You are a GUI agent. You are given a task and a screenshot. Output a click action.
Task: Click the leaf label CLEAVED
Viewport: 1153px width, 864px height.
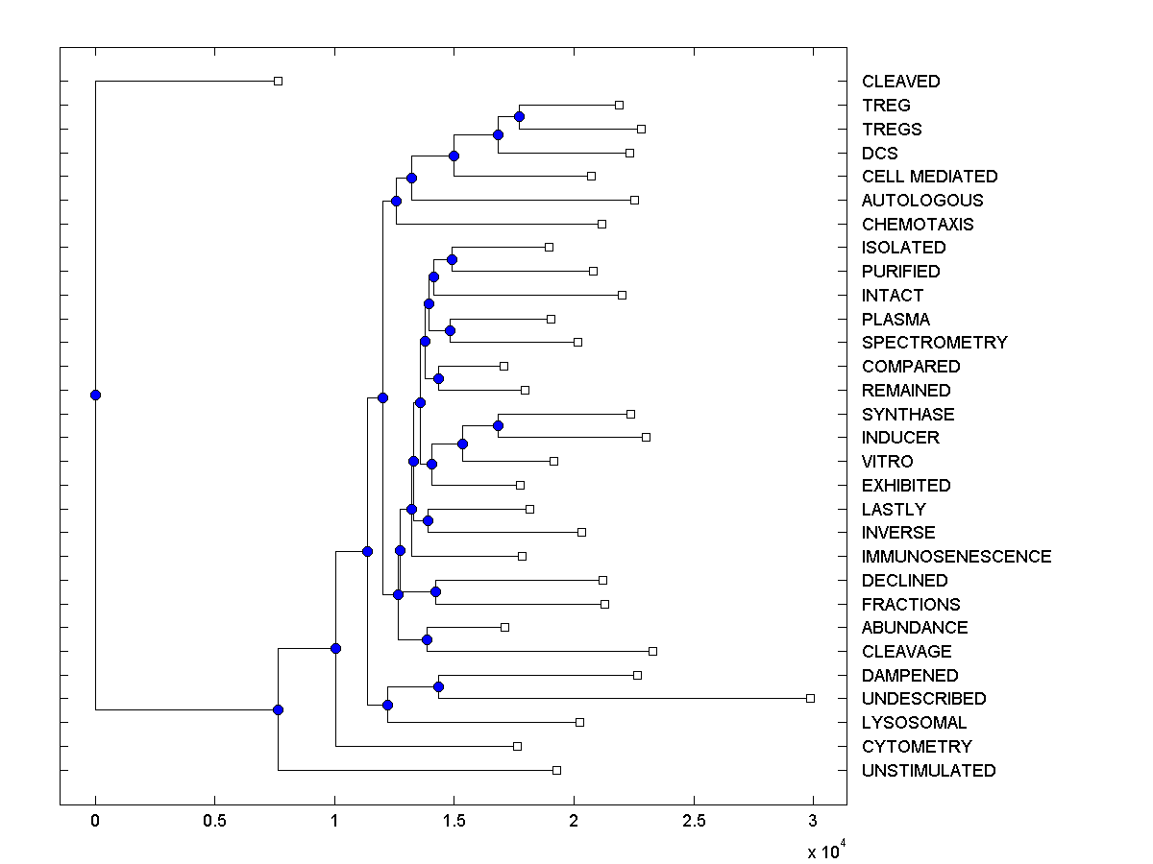coord(900,82)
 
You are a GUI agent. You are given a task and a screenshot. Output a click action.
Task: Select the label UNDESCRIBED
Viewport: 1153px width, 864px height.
coord(923,699)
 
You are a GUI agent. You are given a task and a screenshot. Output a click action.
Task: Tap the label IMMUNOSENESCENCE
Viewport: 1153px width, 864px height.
coord(956,557)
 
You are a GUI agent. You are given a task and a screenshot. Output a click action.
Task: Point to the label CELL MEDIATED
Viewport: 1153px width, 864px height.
coord(929,177)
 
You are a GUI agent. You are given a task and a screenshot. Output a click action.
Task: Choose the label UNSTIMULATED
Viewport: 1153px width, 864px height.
coord(928,771)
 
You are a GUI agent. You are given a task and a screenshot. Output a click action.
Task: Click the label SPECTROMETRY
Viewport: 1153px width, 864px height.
coord(934,343)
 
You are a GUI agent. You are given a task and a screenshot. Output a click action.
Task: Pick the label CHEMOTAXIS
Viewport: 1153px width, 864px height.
coord(917,225)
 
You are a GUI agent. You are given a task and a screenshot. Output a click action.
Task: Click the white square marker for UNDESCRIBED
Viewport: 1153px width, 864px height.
coord(810,698)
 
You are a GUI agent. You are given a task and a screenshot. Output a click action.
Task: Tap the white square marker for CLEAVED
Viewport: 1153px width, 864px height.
coord(278,81)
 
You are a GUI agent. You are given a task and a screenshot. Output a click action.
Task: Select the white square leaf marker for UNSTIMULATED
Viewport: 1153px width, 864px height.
coord(556,770)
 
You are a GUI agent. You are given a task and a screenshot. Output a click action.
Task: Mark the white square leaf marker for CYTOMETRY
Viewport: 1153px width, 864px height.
coord(517,746)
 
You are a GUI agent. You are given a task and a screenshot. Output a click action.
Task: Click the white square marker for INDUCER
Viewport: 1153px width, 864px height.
coord(646,437)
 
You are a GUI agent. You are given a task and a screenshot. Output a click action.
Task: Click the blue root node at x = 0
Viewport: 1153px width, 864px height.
coord(95,395)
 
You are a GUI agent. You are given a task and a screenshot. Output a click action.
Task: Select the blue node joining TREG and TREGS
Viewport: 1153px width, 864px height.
coord(519,116)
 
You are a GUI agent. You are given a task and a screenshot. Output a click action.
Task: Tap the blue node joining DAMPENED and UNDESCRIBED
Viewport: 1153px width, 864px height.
coord(438,686)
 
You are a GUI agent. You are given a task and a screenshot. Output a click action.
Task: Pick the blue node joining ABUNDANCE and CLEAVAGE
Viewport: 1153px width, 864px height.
coord(427,639)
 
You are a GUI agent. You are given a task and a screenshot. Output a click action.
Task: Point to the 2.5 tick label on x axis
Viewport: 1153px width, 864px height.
coord(693,821)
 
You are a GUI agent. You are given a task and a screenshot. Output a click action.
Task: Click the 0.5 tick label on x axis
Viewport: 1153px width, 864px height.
coord(214,821)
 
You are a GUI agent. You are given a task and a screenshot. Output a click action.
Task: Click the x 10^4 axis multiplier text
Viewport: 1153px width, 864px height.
coord(824,851)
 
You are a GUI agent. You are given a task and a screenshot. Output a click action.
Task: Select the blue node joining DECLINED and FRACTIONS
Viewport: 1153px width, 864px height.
coord(435,591)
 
